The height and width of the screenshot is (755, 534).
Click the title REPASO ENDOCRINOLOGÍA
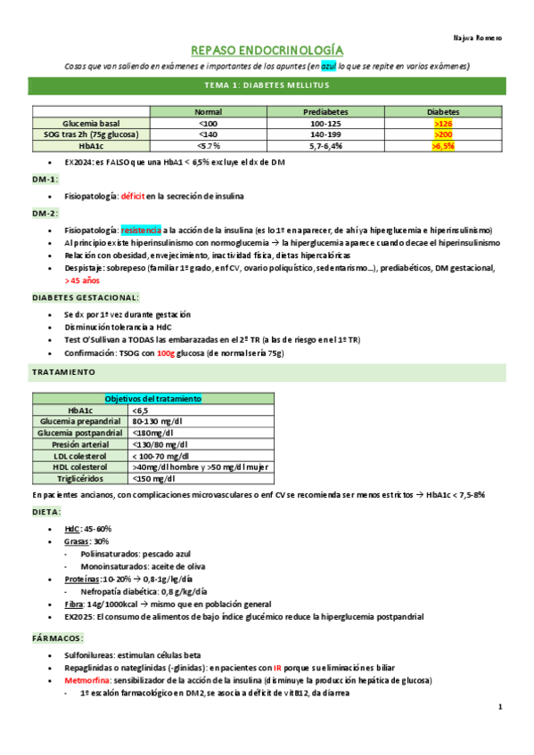point(267,51)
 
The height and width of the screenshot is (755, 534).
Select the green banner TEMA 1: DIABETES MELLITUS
point(267,85)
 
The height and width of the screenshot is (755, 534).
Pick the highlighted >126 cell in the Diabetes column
point(442,123)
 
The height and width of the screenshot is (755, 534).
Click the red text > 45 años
point(86,280)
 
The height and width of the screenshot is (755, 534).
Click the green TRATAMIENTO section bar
point(267,370)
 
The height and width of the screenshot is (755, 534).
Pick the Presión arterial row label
point(80,443)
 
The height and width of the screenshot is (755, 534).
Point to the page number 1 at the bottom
point(500,707)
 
